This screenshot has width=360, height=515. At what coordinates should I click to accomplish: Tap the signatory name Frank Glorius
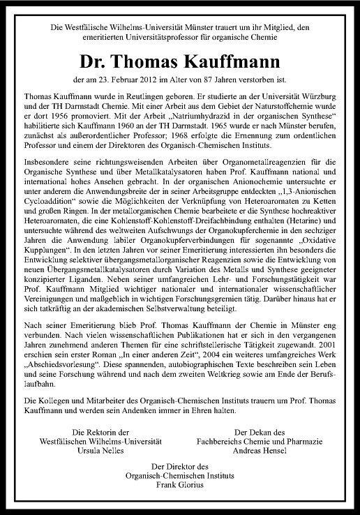click(x=180, y=485)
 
